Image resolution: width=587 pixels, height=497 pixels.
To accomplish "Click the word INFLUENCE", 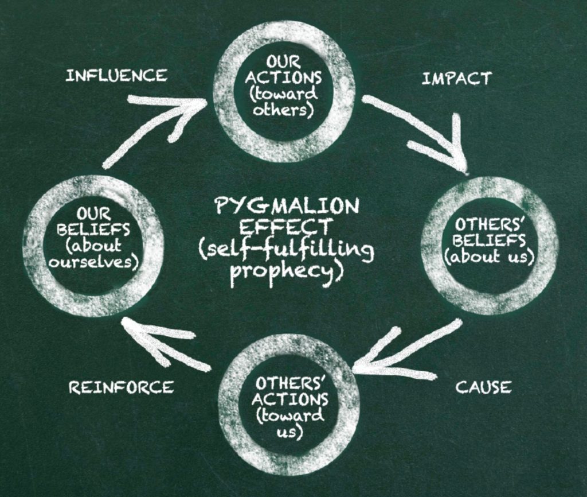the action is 116,75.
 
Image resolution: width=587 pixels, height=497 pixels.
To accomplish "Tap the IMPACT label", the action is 457,79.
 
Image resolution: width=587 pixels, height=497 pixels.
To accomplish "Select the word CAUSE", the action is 483,387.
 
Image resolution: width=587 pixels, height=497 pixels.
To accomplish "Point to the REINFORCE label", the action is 122,387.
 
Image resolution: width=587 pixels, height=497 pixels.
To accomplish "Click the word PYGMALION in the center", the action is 287,205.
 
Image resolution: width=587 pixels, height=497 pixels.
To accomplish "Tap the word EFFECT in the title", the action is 285,227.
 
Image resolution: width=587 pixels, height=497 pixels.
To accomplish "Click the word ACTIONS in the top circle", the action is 283,77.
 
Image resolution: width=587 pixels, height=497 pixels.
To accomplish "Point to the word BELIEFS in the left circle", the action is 93,229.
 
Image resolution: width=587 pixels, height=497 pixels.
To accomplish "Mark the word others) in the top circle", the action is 283,111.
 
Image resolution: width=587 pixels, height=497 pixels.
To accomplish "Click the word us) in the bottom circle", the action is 289,433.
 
